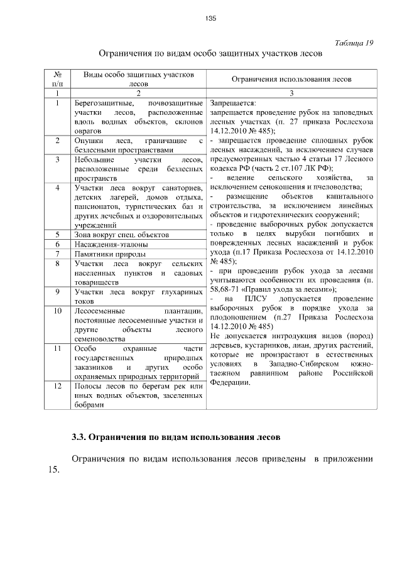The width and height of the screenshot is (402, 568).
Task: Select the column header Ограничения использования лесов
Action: pyautogui.click(x=292, y=79)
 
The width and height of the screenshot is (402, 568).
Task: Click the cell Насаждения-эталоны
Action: pyautogui.click(x=102, y=244)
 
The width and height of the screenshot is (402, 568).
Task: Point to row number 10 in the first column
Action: pyautogui.click(x=57, y=311)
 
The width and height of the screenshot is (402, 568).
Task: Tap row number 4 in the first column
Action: pyautogui.click(x=57, y=188)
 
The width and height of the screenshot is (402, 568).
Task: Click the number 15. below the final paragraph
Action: pyautogui.click(x=53, y=471)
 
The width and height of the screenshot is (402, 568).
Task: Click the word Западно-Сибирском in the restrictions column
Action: pyautogui.click(x=293, y=363)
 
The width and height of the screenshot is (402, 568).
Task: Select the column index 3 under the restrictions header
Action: pyautogui.click(x=291, y=92)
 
